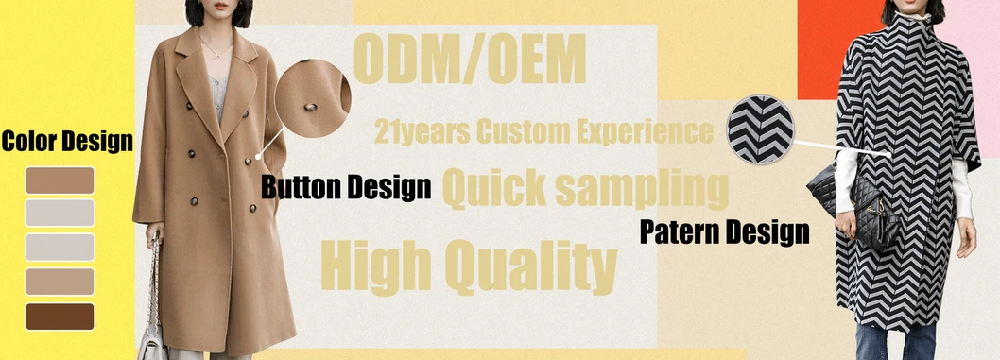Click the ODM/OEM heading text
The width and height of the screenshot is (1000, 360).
coord(469,60)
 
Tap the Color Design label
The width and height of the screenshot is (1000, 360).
coord(66,143)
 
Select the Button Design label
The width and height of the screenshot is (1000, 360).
coord(346,186)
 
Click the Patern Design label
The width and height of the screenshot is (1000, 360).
coord(724,231)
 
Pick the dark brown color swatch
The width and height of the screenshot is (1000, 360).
coord(60,317)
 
